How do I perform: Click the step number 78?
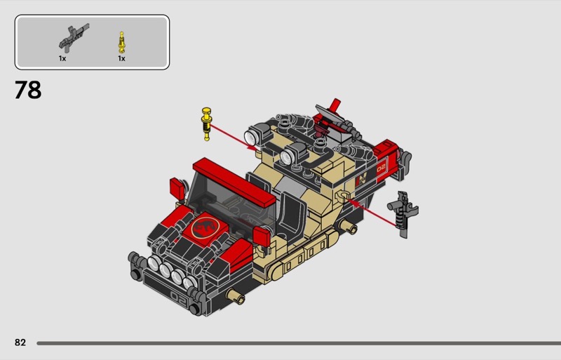click(28, 90)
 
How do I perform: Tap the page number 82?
click(20, 342)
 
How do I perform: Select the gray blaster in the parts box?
click(74, 38)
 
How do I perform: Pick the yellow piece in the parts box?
click(122, 42)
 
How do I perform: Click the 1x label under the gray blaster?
click(62, 58)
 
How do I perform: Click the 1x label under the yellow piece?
click(121, 58)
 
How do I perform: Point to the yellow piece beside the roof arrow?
click(206, 124)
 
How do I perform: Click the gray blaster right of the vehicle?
click(403, 214)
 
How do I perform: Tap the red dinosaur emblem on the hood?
click(204, 227)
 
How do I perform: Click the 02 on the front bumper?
click(179, 298)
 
